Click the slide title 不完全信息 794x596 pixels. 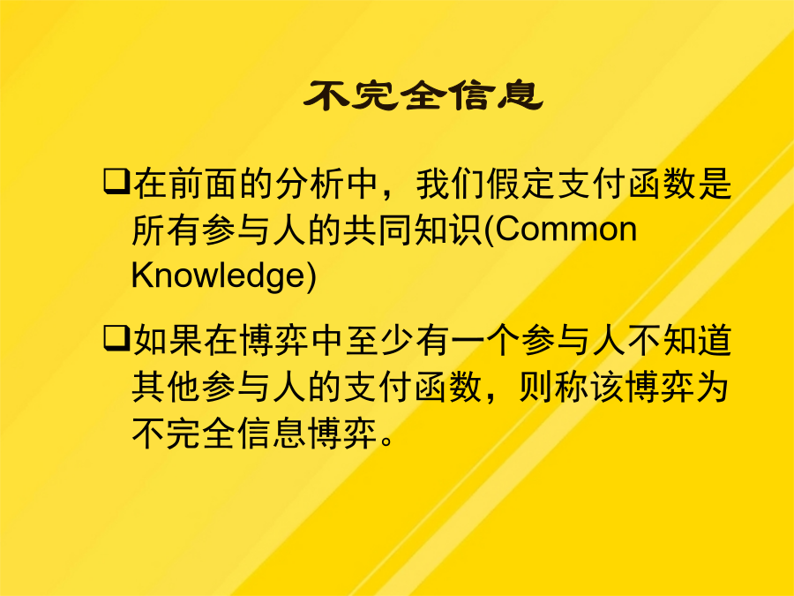[x=423, y=94]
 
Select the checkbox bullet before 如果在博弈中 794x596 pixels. [x=116, y=338]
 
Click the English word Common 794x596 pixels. [x=566, y=229]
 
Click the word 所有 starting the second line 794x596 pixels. [x=166, y=230]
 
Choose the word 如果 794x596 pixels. [x=167, y=340]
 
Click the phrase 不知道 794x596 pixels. [x=679, y=340]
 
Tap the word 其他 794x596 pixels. [x=166, y=388]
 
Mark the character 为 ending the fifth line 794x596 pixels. [x=713, y=388]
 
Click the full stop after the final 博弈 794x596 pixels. [x=386, y=441]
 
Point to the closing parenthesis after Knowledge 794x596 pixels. [x=311, y=276]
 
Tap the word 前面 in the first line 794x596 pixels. [x=201, y=183]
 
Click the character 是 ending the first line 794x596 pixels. [x=715, y=183]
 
